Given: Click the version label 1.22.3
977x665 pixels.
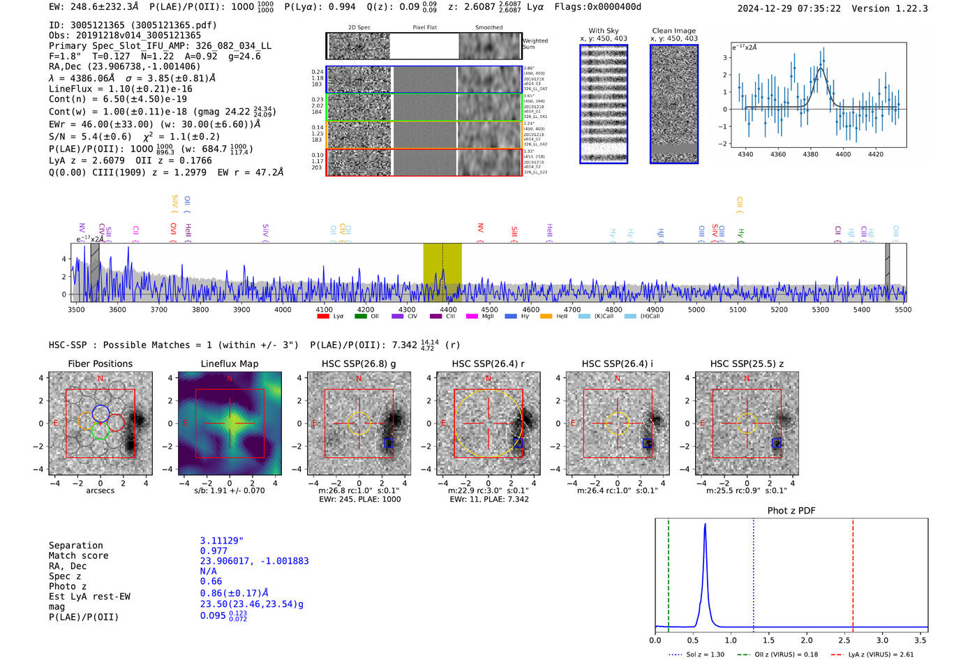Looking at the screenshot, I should [x=905, y=8].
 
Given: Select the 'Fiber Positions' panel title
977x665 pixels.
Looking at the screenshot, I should [x=100, y=364].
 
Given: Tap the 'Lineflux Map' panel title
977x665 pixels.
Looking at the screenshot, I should [x=230, y=364].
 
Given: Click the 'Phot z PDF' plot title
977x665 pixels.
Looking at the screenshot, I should [x=791, y=511].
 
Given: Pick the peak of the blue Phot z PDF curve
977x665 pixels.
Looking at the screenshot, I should [x=705, y=525].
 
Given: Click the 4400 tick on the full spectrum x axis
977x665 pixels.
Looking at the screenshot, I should [x=448, y=310].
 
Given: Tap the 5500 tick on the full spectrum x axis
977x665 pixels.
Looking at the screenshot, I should [x=903, y=310].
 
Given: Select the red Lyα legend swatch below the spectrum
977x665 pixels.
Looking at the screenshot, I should [x=323, y=317].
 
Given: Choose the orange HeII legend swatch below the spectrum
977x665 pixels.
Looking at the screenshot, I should [x=546, y=317].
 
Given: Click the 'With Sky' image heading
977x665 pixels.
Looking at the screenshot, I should [x=604, y=31].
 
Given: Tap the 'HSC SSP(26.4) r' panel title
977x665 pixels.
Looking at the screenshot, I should [x=488, y=364].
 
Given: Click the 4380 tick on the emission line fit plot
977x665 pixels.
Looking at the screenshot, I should [x=810, y=154].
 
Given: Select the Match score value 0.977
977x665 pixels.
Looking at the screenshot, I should [x=214, y=551].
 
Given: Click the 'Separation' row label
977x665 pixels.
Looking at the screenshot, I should [x=75, y=546].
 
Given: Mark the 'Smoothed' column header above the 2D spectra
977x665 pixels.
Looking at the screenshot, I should [x=488, y=28].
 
